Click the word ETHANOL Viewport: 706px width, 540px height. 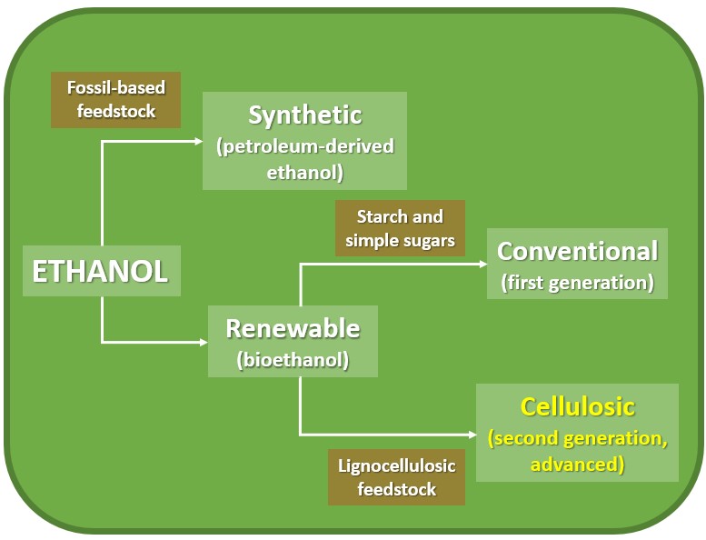coord(101,272)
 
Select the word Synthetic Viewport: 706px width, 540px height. coord(304,116)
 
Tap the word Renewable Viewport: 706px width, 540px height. coord(293,328)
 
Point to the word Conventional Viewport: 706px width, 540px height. coord(577,251)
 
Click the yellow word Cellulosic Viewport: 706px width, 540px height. coord(577,406)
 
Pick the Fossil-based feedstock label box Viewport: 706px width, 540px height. coord(116,100)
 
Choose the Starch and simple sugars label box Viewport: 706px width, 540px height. coord(400,229)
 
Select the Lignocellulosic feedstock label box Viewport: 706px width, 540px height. coord(396,477)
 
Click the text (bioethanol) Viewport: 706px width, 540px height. coord(293,359)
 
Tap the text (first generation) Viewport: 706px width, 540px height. coord(577,282)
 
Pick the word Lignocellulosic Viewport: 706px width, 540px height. coord(396,465)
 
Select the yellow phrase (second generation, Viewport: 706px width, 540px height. coord(577,438)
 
